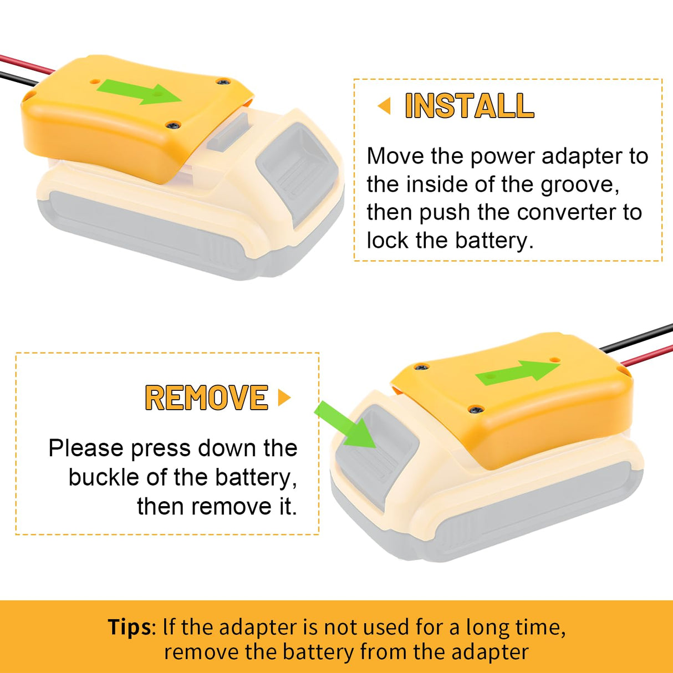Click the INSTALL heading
[x=469, y=105]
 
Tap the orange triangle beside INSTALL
[x=384, y=105]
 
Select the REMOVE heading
[x=206, y=397]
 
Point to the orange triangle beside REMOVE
[x=284, y=397]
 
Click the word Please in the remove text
[x=85, y=448]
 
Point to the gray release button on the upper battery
[x=294, y=166]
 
